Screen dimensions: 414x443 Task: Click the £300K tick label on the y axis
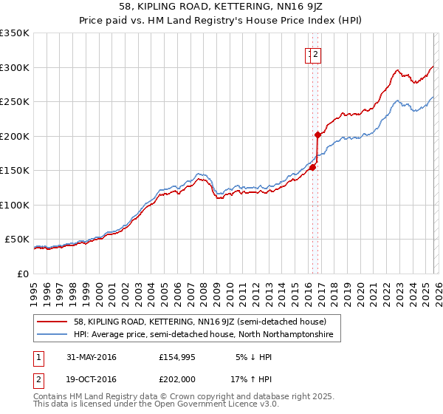[x=15, y=67]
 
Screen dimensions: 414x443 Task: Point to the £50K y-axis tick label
[x=17, y=240]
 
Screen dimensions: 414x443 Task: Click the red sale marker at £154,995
[x=312, y=167]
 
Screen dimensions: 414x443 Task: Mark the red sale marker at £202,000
[x=317, y=135]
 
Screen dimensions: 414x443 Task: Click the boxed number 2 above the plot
[x=316, y=54]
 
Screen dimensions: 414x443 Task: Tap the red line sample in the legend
[x=52, y=322]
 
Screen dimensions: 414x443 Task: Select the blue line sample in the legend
[x=52, y=335]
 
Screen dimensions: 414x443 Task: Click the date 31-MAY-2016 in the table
[x=91, y=357]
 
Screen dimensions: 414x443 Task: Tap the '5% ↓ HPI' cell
[x=253, y=357]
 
